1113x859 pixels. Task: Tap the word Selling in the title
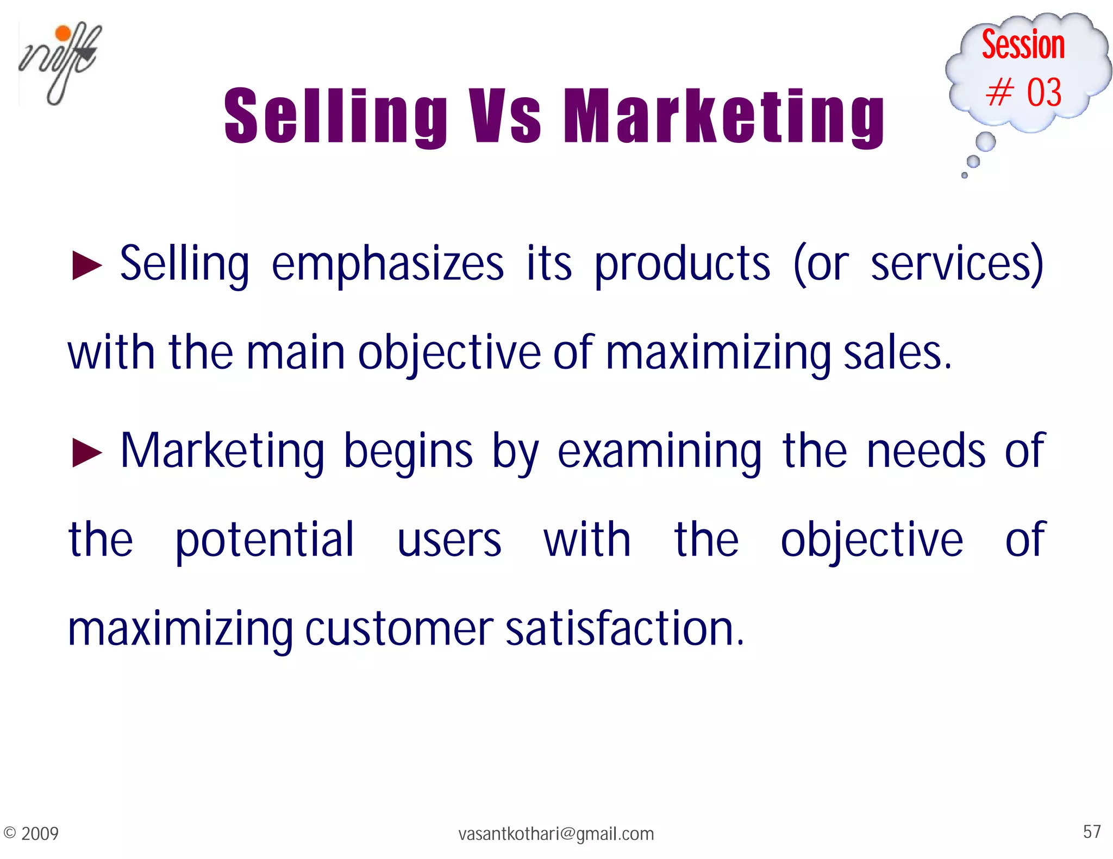[x=335, y=116]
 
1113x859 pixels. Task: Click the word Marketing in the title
[x=724, y=116]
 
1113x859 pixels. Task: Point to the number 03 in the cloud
[x=1043, y=92]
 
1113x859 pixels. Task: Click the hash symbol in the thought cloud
[x=999, y=92]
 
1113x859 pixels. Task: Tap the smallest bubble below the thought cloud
[x=965, y=175]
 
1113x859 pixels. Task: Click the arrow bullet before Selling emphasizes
[x=87, y=266]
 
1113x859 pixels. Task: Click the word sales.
[x=897, y=353]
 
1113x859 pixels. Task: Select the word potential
[x=265, y=540]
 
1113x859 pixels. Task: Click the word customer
[x=399, y=629]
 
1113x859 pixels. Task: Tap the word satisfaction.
[x=624, y=628]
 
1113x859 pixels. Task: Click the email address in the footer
[x=556, y=833]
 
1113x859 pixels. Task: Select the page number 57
[x=1092, y=831]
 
